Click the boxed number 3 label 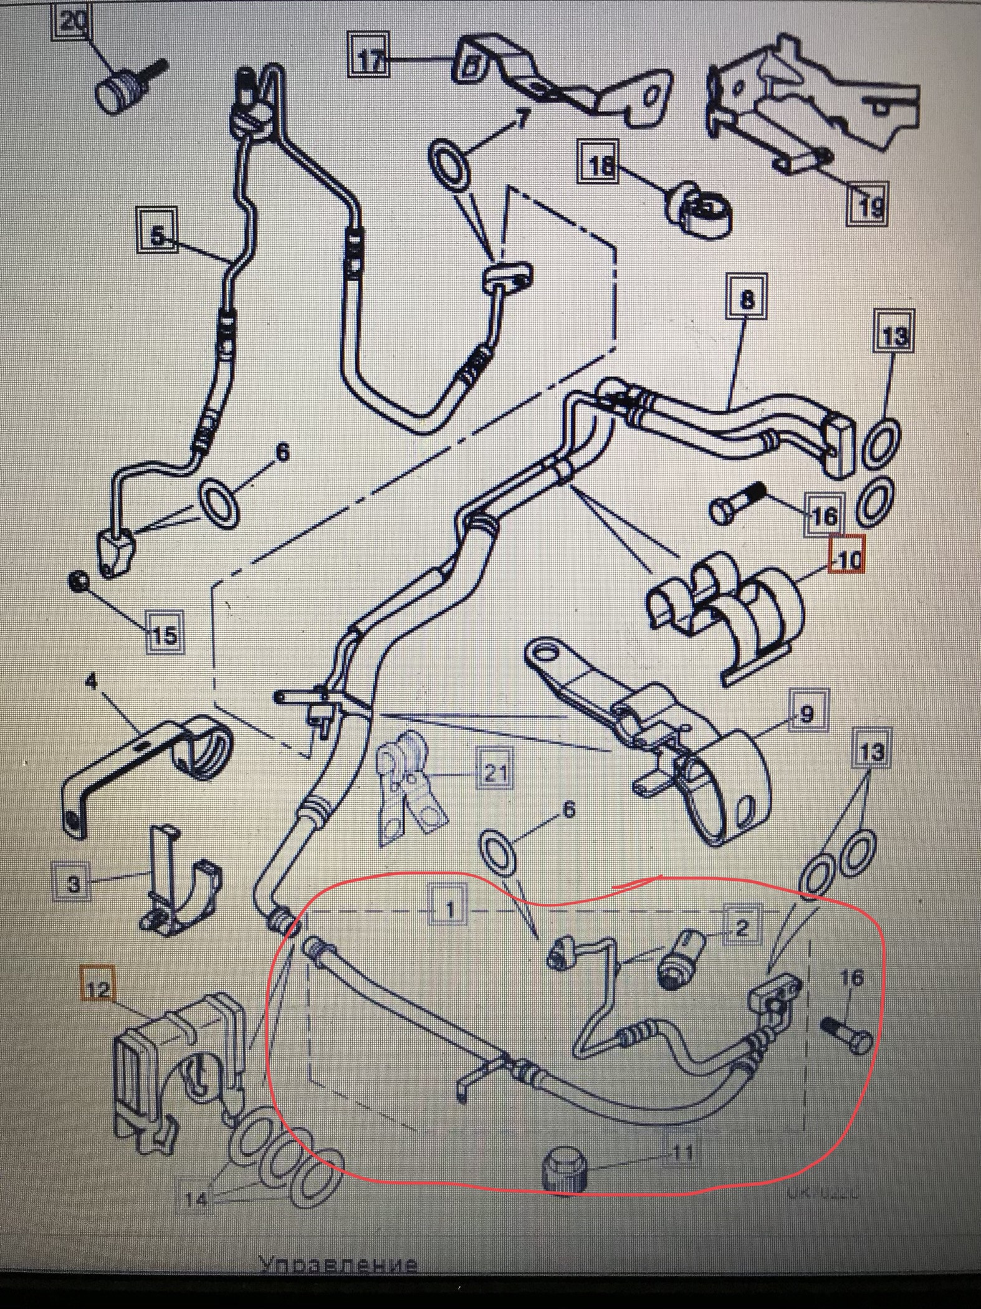click(74, 885)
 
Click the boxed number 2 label click(742, 928)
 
